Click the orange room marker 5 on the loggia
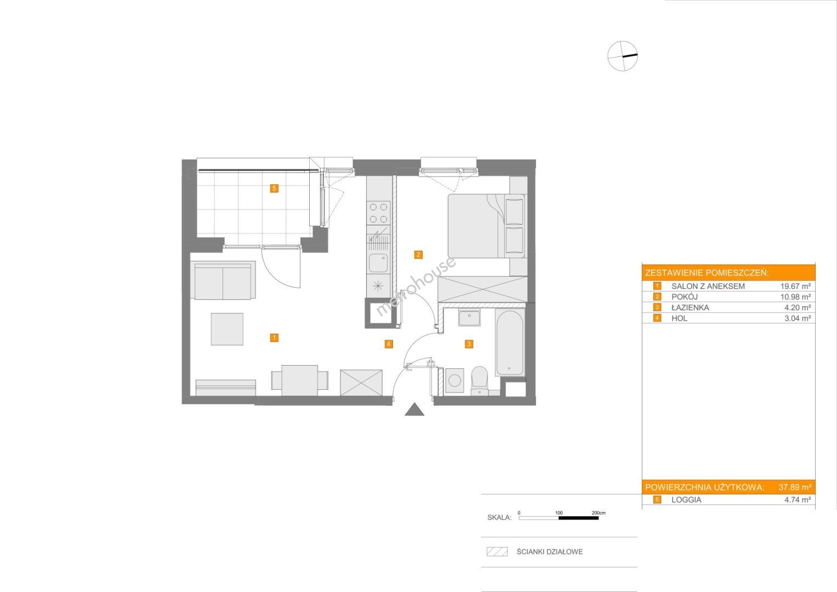[x=274, y=189]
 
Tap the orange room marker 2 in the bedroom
[x=418, y=255]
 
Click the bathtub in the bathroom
[x=510, y=343]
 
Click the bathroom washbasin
[x=469, y=318]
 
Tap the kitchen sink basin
[x=378, y=263]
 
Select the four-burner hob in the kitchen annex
[x=378, y=213]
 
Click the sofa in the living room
[x=223, y=280]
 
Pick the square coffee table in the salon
[x=227, y=329]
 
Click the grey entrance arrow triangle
[x=414, y=409]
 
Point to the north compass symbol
[x=622, y=56]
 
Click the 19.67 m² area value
[x=795, y=286]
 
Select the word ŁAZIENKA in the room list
[x=690, y=308]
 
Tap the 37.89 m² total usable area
[x=795, y=487]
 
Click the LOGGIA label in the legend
[x=686, y=500]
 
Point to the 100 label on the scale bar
[x=559, y=513]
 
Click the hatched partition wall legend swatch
[x=497, y=551]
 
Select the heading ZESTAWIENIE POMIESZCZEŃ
[x=707, y=273]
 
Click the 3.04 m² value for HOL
[x=798, y=318]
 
